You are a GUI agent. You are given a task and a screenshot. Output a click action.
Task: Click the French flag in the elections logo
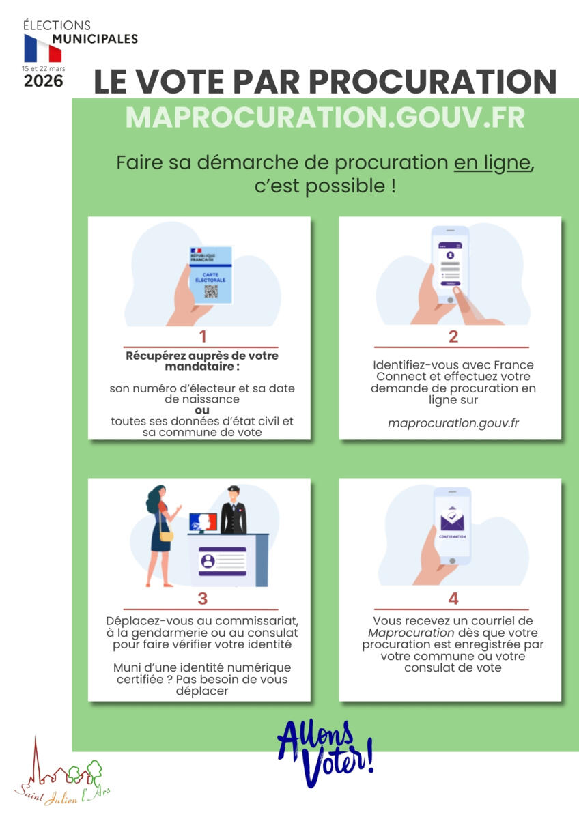coord(43,48)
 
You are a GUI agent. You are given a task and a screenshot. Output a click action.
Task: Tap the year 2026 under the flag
coord(44,81)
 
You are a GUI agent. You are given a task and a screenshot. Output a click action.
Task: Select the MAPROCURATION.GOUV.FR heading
coord(325,117)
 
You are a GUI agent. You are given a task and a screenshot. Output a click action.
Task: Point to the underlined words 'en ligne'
coord(492,162)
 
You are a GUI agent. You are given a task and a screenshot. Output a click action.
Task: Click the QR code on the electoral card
coord(211,291)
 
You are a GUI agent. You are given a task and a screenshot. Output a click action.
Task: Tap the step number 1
coord(203,336)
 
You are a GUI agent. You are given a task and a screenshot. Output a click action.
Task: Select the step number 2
coord(453,336)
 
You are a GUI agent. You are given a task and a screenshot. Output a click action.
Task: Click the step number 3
coord(203,599)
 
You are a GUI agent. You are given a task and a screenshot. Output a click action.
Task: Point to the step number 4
coord(453,599)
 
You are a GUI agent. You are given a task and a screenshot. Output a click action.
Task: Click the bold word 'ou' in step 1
coord(202,410)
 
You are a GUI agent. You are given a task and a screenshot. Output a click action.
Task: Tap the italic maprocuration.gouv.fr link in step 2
coord(453,423)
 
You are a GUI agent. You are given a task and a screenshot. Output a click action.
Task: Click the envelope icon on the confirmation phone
coord(453,519)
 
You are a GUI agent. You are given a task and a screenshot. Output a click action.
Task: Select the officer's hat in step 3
coord(234,489)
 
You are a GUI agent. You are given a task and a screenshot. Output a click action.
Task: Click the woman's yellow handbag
coord(167,536)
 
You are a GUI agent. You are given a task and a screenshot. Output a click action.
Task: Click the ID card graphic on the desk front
coord(223,561)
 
